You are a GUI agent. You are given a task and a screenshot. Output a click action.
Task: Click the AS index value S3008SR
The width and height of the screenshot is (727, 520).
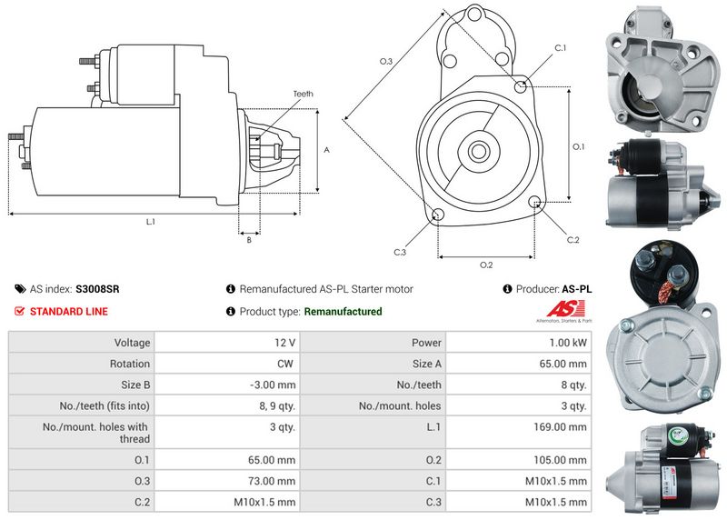click(97, 289)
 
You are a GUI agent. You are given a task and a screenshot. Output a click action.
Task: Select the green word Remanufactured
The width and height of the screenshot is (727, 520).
click(343, 312)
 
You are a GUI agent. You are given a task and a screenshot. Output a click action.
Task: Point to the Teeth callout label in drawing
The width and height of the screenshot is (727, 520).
click(303, 95)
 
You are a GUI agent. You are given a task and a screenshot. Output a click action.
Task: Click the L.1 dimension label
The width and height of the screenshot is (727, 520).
click(151, 222)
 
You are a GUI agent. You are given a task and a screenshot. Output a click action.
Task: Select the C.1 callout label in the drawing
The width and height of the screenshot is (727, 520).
click(560, 47)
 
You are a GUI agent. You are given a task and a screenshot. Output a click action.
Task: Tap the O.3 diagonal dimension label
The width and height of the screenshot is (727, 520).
click(385, 61)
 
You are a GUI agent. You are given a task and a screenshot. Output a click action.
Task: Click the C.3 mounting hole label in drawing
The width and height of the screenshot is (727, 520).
click(400, 252)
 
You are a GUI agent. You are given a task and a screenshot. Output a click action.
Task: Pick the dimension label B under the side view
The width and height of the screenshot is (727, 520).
click(249, 240)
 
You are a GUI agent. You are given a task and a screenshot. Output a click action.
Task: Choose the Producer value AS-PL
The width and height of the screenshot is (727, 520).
click(577, 289)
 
